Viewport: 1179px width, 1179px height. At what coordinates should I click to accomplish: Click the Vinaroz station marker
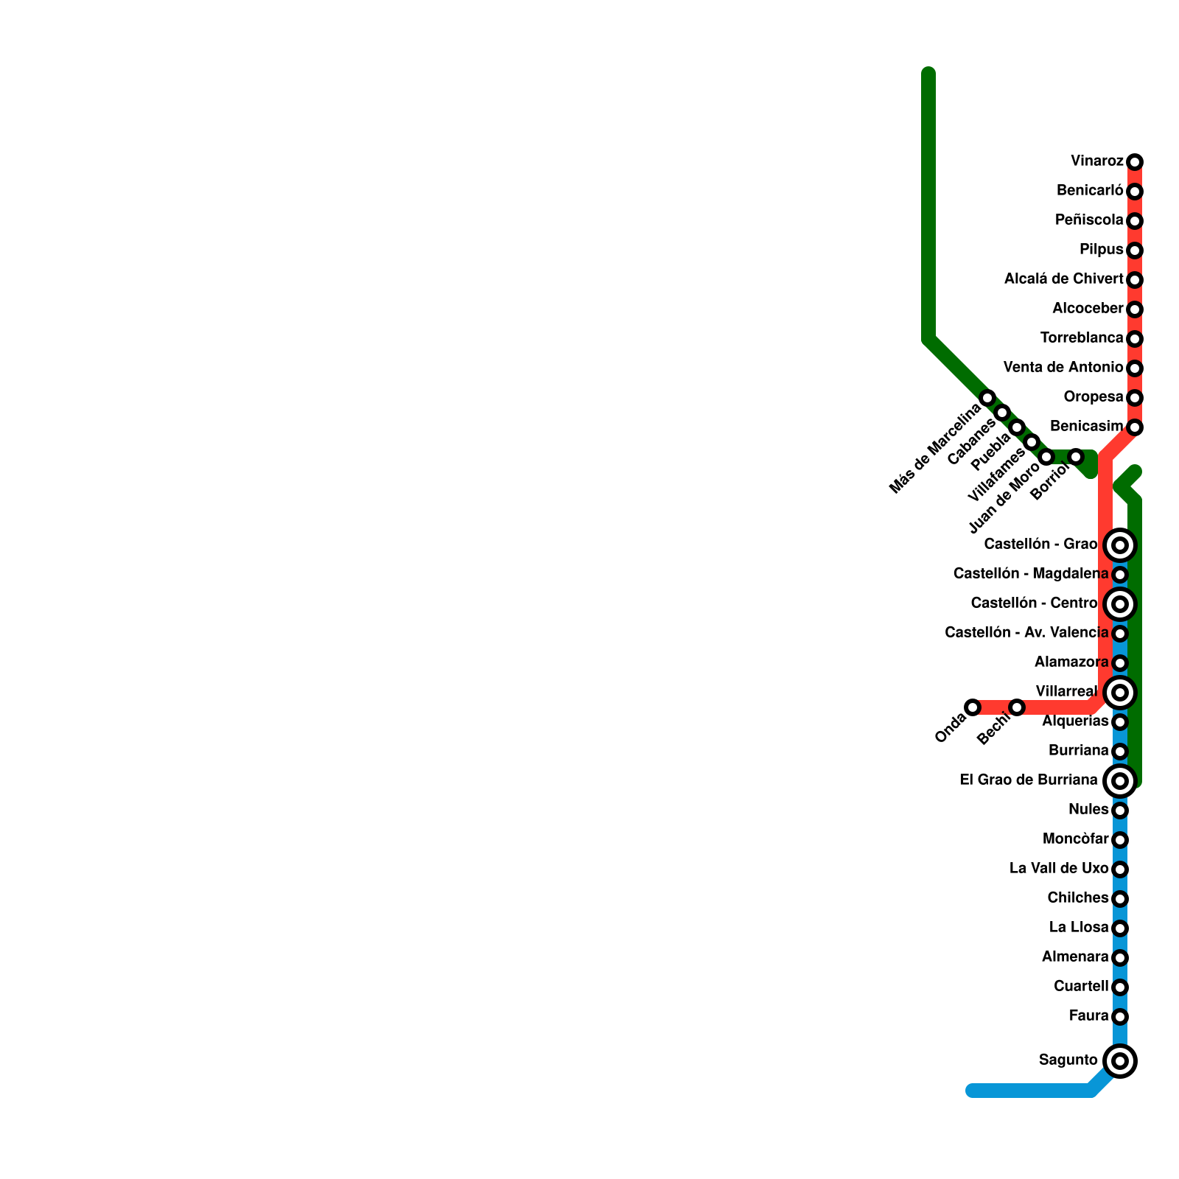tap(1135, 162)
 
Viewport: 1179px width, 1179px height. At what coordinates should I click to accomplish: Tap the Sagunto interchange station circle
tap(1120, 1061)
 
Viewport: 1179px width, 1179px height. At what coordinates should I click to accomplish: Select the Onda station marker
tap(973, 707)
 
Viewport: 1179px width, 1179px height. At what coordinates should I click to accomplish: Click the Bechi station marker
tap(1017, 707)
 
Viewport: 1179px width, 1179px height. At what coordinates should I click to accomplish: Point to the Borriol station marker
tap(1076, 457)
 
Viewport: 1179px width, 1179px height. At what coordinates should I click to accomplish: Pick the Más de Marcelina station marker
tap(987, 398)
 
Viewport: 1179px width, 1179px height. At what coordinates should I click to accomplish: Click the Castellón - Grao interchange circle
tap(1120, 545)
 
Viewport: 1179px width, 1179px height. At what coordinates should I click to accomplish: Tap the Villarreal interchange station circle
tap(1120, 693)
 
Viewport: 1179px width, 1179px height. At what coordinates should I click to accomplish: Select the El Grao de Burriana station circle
tap(1120, 781)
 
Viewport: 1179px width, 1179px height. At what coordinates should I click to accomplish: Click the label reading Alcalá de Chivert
tap(1063, 279)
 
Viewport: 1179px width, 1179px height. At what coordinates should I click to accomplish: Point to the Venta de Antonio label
tap(1063, 368)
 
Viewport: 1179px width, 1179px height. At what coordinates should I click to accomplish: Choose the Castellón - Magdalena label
tap(1030, 574)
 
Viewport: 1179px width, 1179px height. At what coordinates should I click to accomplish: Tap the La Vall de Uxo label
tap(1059, 869)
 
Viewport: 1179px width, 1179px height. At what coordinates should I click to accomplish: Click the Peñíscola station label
tap(1089, 220)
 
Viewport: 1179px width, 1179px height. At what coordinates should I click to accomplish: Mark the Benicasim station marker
tap(1135, 427)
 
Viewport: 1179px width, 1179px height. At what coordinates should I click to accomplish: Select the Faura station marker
tap(1120, 1017)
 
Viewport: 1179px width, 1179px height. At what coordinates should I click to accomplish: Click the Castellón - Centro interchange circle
tap(1120, 604)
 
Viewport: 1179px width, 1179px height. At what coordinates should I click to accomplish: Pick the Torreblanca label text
tap(1082, 338)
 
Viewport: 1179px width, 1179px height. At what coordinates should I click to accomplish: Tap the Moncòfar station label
tap(1075, 839)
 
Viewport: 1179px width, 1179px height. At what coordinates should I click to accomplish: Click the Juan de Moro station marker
tap(1046, 457)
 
